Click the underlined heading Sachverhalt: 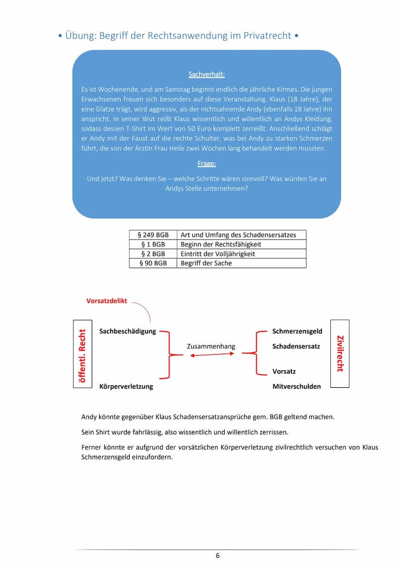click(206, 75)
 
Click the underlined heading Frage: click(206, 164)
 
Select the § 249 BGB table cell click(153, 235)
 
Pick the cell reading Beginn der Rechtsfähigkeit click(221, 244)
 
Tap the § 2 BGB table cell click(153, 254)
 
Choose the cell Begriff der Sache click(206, 263)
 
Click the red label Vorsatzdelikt click(106, 301)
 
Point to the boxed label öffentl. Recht click(82, 353)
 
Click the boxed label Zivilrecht click(340, 353)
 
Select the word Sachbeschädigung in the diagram click(128, 331)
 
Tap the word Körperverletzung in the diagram click(126, 386)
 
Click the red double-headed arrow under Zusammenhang click(212, 355)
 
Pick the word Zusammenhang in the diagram click(211, 346)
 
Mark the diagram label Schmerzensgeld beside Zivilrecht click(297, 331)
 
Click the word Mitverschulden click(297, 386)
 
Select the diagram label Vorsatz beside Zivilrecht click(284, 371)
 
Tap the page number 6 click(218, 555)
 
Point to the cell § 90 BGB click(153, 263)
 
